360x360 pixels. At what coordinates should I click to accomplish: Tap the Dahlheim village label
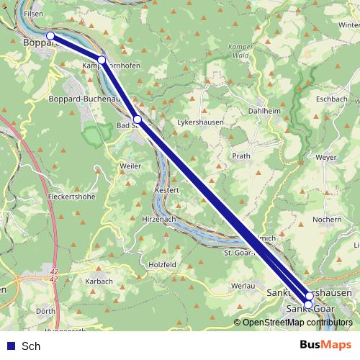click(263, 112)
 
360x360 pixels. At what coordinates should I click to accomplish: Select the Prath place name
click(241, 156)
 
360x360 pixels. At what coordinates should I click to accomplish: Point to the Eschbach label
click(331, 98)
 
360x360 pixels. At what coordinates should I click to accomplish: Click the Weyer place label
click(326, 156)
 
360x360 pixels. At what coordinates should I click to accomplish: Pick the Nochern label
click(328, 219)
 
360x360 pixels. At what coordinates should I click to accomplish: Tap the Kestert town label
click(166, 189)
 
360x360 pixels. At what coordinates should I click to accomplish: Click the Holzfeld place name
click(162, 264)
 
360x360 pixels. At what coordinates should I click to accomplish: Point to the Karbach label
click(99, 281)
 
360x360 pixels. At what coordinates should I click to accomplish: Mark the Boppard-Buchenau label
click(83, 99)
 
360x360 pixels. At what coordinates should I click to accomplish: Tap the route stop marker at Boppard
click(50, 35)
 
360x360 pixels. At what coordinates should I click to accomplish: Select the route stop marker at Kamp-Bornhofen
click(102, 60)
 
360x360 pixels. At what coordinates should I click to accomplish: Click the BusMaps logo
click(326, 345)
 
